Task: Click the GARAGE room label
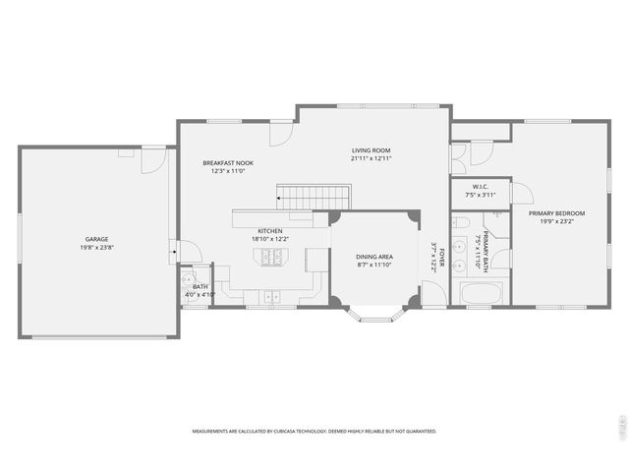[96, 239]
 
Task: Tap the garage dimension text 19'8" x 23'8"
[96, 248]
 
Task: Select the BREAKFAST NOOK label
[228, 162]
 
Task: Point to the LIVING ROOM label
[372, 150]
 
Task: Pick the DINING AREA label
[373, 257]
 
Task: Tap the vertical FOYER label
[442, 259]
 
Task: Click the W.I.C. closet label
[480, 186]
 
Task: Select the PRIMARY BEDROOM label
[556, 213]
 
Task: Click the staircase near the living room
[310, 198]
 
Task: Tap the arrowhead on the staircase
[280, 199]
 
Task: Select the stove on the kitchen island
[270, 257]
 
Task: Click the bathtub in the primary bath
[482, 293]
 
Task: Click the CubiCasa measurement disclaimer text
[314, 432]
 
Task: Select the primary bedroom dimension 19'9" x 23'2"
[556, 222]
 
